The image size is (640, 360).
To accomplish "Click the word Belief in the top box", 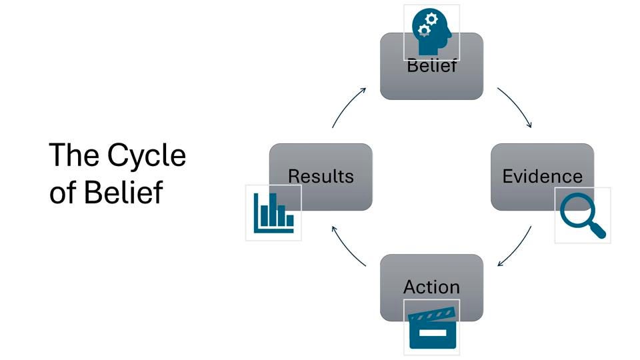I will [431, 67].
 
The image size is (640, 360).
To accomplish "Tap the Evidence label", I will [542, 177].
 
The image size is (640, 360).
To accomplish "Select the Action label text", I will [431, 287].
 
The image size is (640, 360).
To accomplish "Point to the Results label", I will [321, 177].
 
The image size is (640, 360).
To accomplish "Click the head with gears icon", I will [431, 32].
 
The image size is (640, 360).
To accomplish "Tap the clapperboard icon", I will [431, 327].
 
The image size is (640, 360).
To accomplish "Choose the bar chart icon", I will [273, 213].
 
